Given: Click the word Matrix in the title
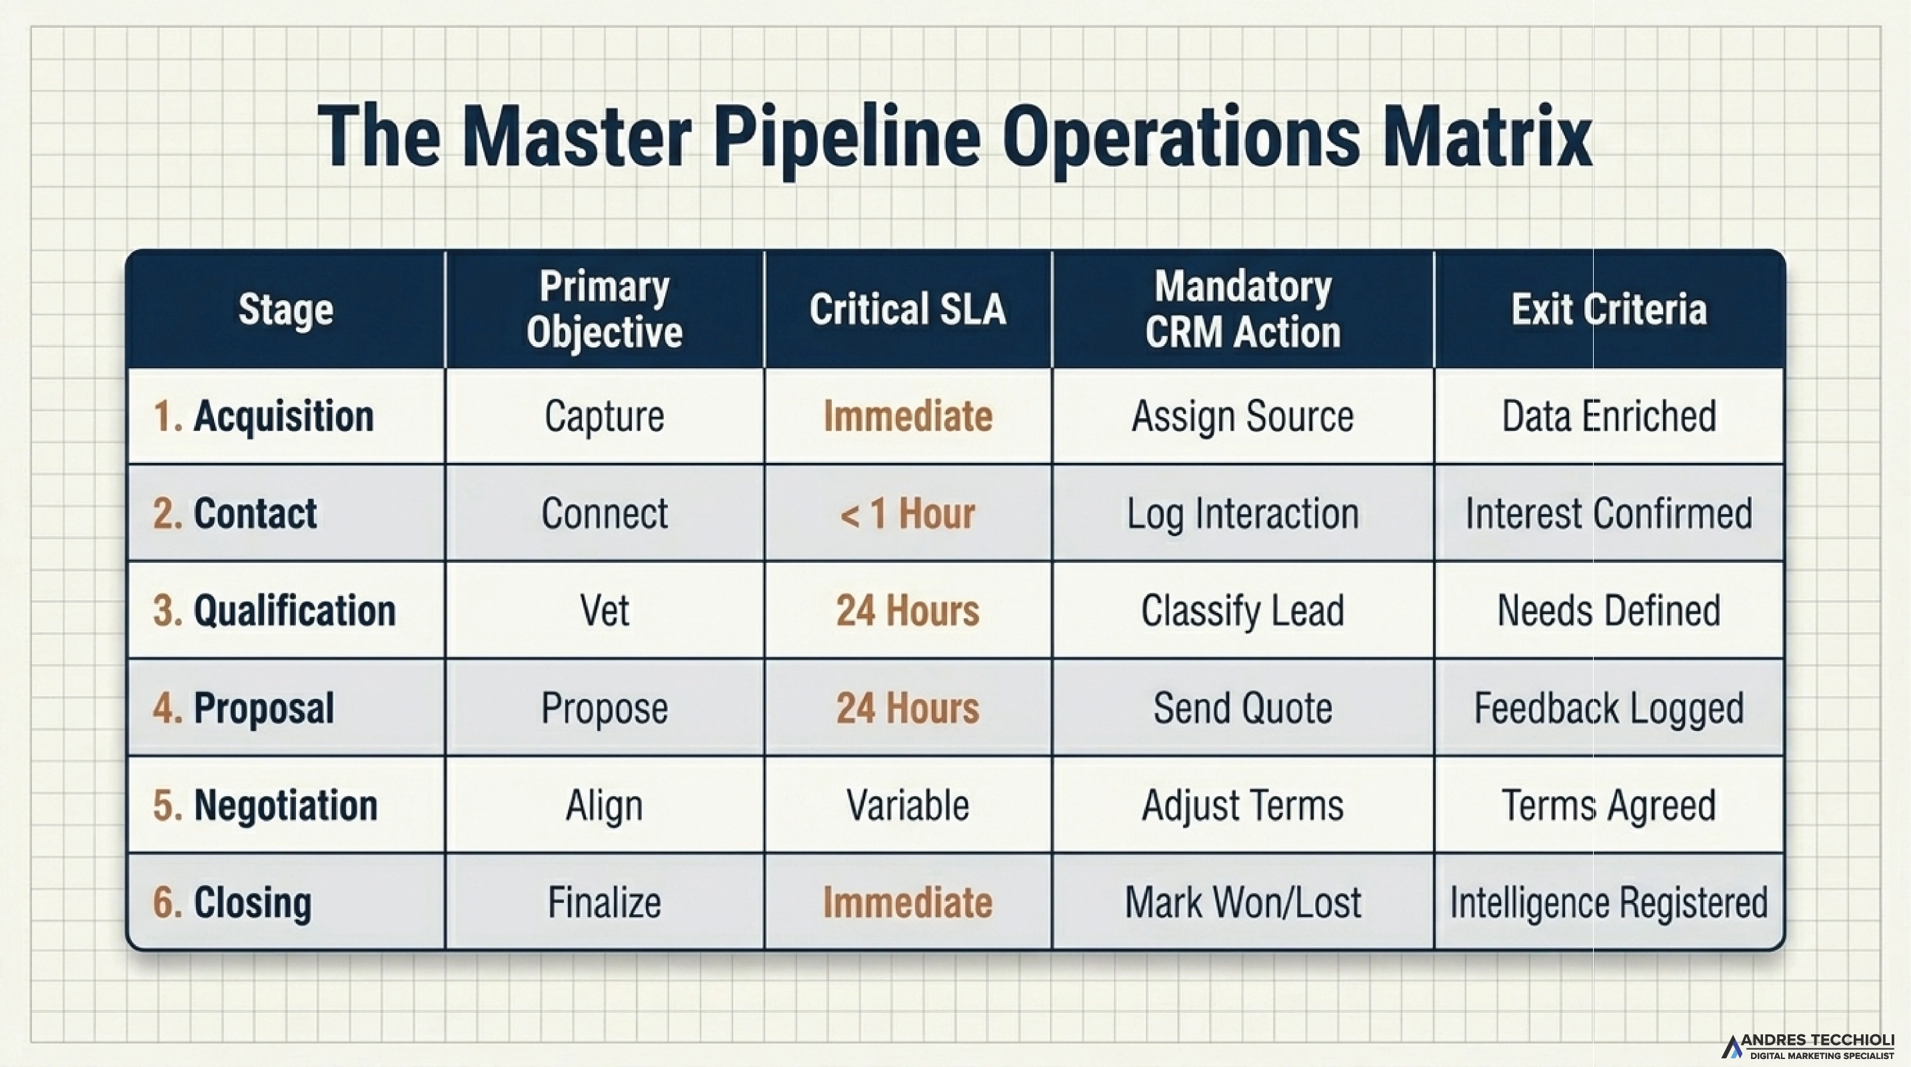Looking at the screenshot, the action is click(1486, 137).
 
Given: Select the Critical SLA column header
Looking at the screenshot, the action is click(907, 309).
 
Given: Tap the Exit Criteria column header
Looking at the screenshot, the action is click(1609, 309).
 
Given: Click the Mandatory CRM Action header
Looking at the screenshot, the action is click(1242, 309).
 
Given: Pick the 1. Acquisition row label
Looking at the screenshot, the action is click(263, 415).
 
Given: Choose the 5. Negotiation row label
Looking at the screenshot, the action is click(265, 805).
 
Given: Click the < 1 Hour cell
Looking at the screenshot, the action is click(907, 513).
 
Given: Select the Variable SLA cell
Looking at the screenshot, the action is click(907, 805).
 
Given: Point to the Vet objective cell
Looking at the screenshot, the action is click(605, 611).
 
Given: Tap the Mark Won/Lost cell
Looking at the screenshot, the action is click(1242, 903).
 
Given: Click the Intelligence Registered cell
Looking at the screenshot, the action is click(1609, 903).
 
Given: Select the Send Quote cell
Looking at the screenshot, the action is click(1242, 708).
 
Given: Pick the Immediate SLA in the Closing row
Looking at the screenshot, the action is click(907, 903).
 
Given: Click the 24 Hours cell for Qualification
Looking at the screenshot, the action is click(907, 611).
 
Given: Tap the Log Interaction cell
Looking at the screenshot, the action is click(1242, 513).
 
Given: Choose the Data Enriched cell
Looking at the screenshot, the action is click(1609, 415).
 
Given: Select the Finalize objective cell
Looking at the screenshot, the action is click(605, 903).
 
